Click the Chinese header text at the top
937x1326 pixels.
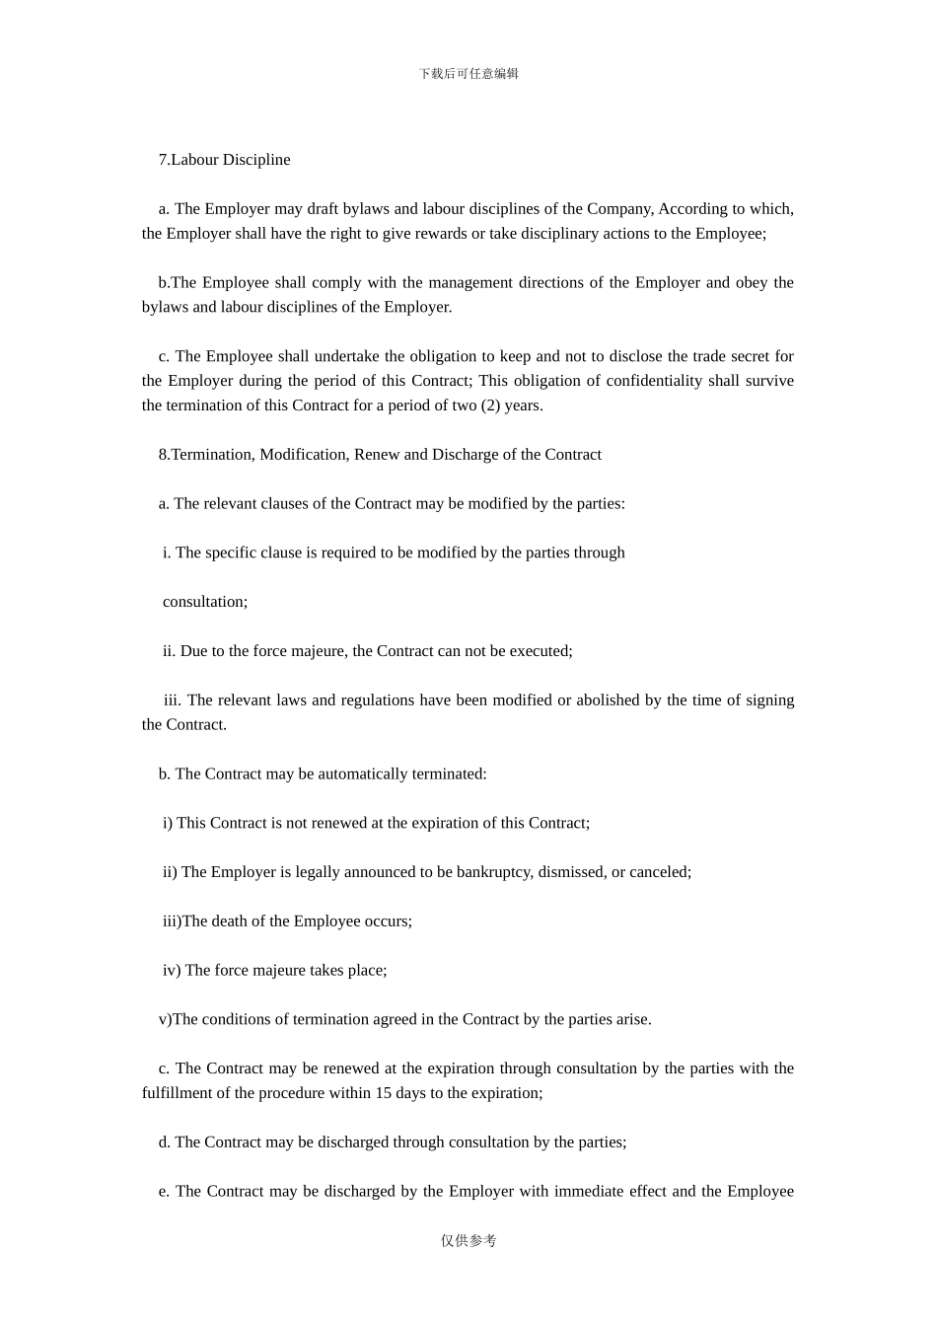click(468, 74)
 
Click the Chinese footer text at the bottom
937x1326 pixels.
click(468, 1241)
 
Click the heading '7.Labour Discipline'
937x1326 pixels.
click(224, 160)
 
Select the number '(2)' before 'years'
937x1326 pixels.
click(490, 405)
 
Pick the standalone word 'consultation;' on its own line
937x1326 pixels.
click(205, 602)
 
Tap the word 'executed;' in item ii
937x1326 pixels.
click(541, 651)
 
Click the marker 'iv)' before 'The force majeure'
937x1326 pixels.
click(172, 971)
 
